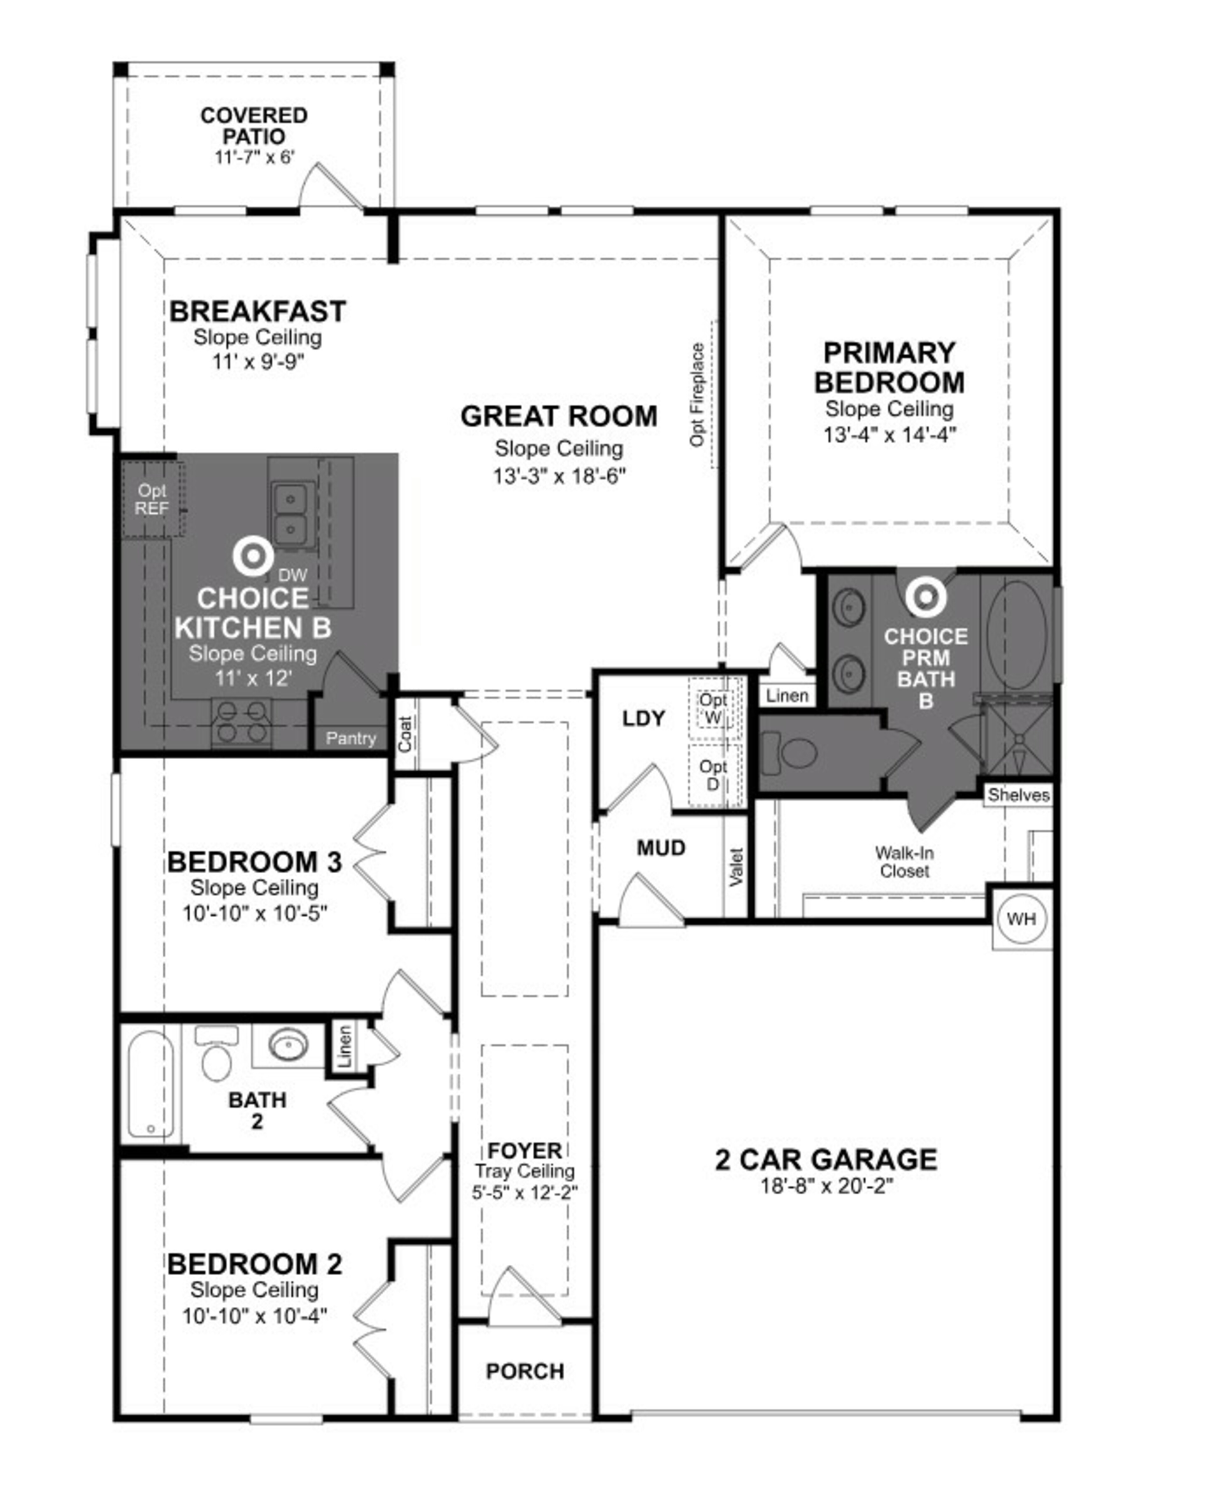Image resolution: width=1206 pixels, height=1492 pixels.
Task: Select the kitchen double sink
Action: (x=291, y=514)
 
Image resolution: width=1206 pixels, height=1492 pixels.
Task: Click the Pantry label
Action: (x=351, y=738)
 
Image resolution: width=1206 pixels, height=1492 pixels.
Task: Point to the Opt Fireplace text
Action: (x=698, y=394)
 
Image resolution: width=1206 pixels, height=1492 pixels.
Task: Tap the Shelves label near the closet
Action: (x=1019, y=795)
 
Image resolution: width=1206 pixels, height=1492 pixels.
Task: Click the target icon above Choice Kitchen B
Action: (x=253, y=556)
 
